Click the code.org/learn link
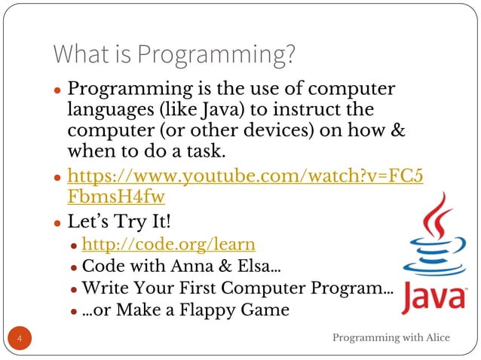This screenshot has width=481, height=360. tap(167, 244)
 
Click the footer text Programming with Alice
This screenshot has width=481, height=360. tap(391, 337)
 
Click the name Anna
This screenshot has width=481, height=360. tap(187, 266)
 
